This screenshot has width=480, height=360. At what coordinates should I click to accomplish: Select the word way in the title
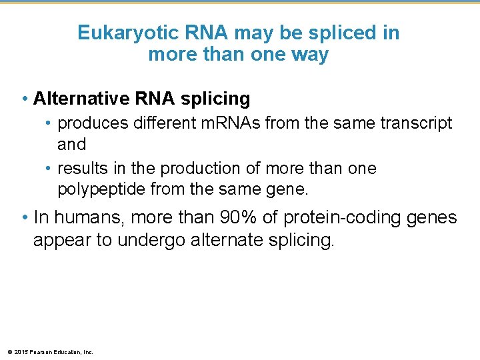point(313,54)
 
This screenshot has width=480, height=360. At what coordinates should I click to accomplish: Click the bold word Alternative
point(83,99)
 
